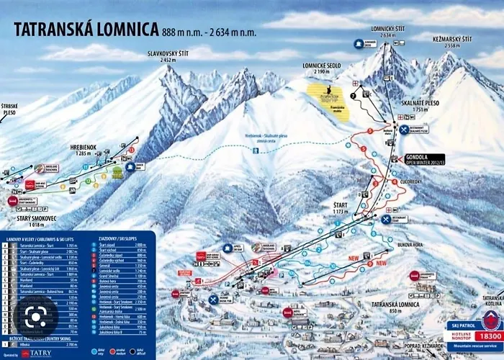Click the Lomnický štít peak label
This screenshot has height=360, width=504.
[x=384, y=31]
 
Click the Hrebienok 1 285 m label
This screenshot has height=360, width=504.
[x=84, y=148]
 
